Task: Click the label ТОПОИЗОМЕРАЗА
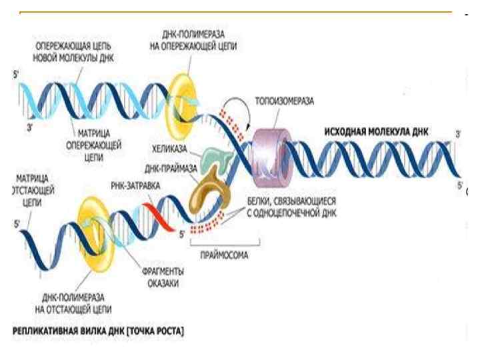click(x=285, y=102)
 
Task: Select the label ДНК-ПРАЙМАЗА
click(x=168, y=169)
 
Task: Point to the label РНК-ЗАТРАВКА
click(x=136, y=187)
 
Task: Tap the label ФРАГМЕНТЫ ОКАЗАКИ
click(x=163, y=277)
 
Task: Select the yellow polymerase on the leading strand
click(x=183, y=101)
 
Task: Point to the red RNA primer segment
click(x=157, y=212)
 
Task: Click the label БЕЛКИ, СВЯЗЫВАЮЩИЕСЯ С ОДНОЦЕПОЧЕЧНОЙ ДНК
click(x=281, y=207)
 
